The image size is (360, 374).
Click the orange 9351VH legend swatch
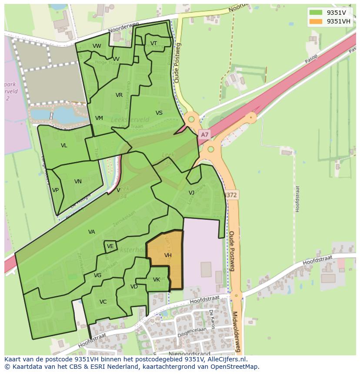click(x=316, y=21)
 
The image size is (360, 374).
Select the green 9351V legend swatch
click(x=316, y=13)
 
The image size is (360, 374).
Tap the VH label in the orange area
click(x=168, y=255)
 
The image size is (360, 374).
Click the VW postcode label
click(x=97, y=46)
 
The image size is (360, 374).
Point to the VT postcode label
click(x=153, y=43)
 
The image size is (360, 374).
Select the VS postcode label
click(x=159, y=113)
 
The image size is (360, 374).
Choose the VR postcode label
click(x=119, y=95)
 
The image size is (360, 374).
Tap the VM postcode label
click(x=99, y=118)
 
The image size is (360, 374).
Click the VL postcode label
click(x=64, y=146)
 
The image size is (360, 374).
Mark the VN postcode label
click(x=78, y=182)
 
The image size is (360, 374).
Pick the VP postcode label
click(x=55, y=190)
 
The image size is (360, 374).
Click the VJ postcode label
click(x=191, y=193)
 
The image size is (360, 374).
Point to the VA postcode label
click(x=91, y=232)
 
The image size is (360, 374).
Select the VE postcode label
click(x=110, y=246)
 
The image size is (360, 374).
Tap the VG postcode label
click(x=97, y=275)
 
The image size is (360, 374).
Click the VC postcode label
click(x=103, y=302)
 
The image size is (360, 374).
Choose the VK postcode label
click(x=157, y=280)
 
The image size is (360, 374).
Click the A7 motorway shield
click(x=204, y=135)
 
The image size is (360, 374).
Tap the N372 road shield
click(x=230, y=195)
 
